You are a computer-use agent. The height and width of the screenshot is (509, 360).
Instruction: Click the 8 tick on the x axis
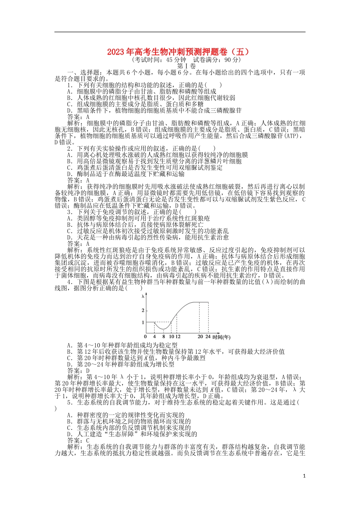coord(164,337)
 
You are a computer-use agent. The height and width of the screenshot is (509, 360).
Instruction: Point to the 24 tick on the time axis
coord(208,337)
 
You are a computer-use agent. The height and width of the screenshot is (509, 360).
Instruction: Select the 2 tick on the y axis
coord(143,311)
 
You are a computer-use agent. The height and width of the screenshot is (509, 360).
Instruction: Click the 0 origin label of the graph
coord(146,337)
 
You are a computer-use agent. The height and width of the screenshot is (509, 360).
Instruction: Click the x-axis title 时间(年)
coord(221,337)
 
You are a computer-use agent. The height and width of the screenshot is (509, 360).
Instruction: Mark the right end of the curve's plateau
coord(208,302)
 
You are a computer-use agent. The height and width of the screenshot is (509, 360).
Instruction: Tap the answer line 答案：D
coord(78,371)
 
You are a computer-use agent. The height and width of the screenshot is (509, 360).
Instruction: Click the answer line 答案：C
coord(78,440)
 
